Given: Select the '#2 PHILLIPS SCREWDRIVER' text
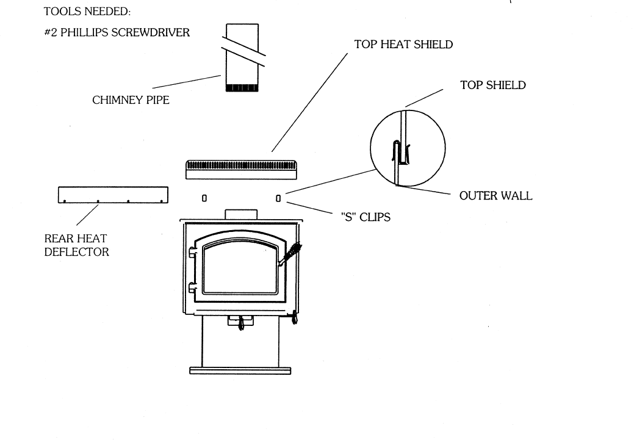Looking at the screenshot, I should (x=117, y=33).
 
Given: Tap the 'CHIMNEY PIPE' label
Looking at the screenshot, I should (x=131, y=100).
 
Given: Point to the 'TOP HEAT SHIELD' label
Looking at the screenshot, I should (x=403, y=45).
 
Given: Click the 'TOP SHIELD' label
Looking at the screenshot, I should (x=492, y=85).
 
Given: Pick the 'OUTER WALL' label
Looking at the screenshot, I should (x=495, y=196).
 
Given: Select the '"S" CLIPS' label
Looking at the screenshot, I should (x=365, y=216).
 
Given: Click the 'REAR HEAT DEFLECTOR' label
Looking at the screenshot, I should (x=76, y=245).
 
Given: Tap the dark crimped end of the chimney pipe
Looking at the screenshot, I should (x=242, y=88).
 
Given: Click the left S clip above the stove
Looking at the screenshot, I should (x=204, y=198).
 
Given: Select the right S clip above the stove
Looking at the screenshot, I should (x=278, y=198).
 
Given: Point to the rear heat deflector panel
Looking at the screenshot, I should (x=113, y=195).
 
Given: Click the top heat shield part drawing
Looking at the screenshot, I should (x=240, y=169).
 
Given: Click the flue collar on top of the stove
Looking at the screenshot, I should (x=240, y=215).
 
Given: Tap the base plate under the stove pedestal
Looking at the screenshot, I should (x=240, y=370).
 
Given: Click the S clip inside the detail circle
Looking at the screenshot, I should (x=400, y=154).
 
